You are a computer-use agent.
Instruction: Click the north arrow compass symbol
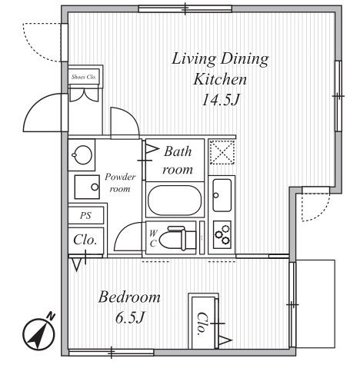tap(38, 334)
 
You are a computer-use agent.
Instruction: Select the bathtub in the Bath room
tap(175, 200)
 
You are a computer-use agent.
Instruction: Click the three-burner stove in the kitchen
tap(222, 234)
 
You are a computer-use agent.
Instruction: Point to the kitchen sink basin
tap(222, 195)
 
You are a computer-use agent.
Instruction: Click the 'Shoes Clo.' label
tap(84, 77)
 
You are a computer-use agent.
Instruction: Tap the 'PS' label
tap(85, 215)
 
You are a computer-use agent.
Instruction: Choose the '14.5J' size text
tap(220, 100)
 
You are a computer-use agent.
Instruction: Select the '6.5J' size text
tap(130, 318)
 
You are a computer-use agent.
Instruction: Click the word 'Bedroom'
tap(129, 297)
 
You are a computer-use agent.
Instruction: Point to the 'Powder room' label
tap(120, 183)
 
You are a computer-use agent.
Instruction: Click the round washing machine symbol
tap(82, 154)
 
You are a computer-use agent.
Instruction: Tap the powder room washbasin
tap(87, 187)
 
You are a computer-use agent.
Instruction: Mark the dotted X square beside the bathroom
tap(222, 152)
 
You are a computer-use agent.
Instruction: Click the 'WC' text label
tap(153, 238)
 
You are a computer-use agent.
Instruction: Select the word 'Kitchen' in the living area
tap(220, 79)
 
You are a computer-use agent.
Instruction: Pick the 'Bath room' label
tap(178, 161)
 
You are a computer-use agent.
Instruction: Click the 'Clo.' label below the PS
tap(85, 240)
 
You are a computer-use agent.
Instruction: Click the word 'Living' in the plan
tap(194, 59)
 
